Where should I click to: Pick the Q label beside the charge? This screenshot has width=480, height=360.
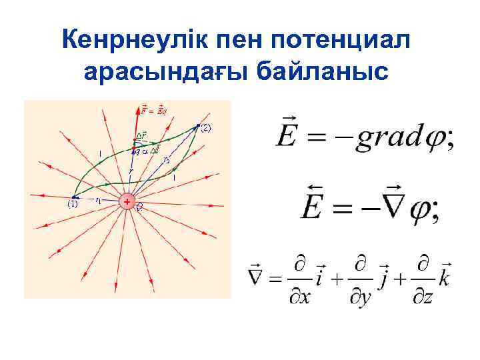139,207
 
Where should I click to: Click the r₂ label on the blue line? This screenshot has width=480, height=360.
167,160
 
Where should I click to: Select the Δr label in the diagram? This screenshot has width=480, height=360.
141,136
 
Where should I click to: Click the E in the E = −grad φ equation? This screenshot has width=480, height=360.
291,136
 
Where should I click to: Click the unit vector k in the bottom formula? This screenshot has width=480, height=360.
445,275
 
